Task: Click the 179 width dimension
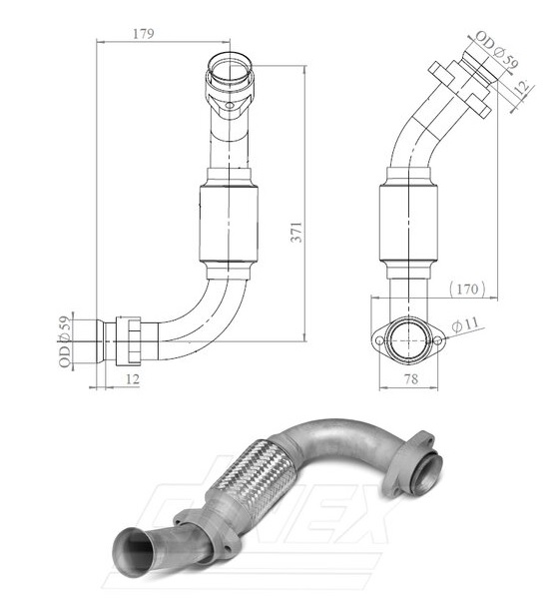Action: click(x=144, y=34)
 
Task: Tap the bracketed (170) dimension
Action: click(x=467, y=290)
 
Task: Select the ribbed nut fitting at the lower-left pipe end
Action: click(x=130, y=342)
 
